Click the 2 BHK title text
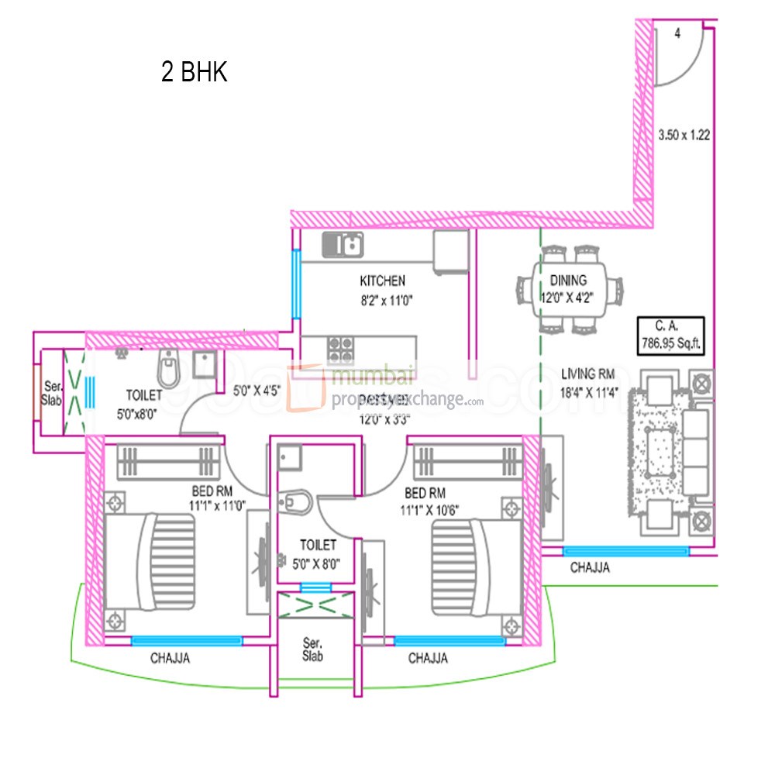pos(194,73)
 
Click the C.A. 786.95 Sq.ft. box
pos(670,334)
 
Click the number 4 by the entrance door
pos(677,33)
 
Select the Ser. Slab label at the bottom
pos(313,650)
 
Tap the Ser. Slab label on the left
pos(51,393)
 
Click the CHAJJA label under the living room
pos(590,567)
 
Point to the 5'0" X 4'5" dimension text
pos(257,391)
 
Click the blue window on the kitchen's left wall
pos(295,283)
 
